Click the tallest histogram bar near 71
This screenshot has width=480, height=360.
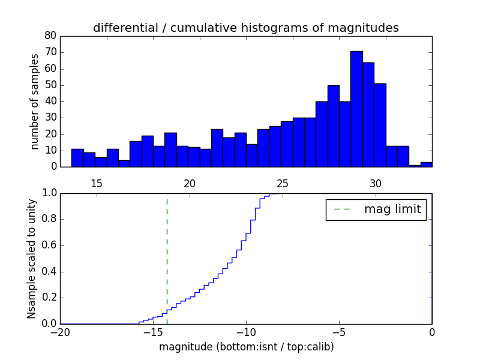[356, 109]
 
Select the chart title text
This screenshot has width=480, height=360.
[245, 28]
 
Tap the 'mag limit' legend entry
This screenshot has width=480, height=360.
[376, 209]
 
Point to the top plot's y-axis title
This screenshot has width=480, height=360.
[35, 101]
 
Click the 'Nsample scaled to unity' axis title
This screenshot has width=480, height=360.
[32, 259]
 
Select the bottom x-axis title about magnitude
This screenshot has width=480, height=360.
[246, 347]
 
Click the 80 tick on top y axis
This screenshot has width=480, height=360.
[50, 35]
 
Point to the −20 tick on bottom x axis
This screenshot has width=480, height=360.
[60, 332]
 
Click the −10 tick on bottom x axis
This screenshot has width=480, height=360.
[246, 332]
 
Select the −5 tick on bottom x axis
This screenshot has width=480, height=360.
[339, 332]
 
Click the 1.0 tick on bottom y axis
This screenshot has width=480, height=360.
[49, 194]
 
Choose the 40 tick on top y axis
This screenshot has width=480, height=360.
[50, 101]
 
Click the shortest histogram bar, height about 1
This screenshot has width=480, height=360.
[415, 166]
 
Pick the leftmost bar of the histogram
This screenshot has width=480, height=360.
[77, 158]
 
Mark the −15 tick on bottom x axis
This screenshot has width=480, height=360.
[153, 332]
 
